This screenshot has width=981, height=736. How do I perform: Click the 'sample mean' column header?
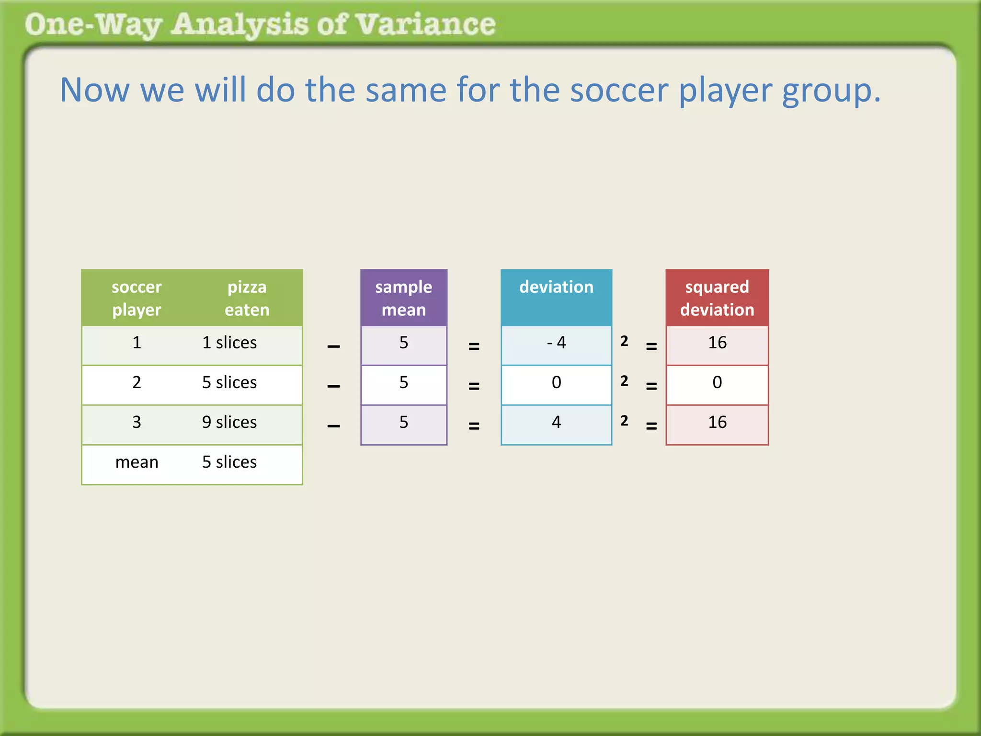403,298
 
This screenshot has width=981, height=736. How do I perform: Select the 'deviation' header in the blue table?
556,287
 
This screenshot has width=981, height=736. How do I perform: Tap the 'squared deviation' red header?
717,298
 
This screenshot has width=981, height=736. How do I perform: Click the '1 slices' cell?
229,343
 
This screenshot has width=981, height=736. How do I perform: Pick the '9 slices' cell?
229,422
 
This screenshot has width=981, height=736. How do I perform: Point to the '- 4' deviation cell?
556,343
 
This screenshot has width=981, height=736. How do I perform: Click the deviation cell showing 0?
556,382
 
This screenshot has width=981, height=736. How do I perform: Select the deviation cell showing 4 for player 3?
556,422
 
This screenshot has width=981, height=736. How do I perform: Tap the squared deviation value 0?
717,382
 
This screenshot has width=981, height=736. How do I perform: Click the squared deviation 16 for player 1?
717,343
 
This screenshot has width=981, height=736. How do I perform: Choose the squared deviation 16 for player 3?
717,422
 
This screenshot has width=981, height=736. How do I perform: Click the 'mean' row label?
137,462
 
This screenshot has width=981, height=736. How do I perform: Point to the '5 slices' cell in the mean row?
229,462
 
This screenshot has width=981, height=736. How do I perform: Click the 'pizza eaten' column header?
247,298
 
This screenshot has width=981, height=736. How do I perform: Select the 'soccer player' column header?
137,298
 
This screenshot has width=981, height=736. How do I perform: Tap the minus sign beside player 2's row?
333,386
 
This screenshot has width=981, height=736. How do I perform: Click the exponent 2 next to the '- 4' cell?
624,341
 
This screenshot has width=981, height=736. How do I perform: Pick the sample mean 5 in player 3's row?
403,422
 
